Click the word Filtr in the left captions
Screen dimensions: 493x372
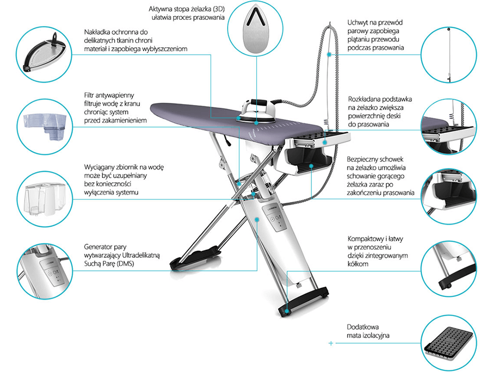[90, 95]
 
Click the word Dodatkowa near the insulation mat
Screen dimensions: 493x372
[363, 327]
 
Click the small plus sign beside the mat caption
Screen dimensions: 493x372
[331, 343]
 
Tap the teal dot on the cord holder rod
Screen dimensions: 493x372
[329, 54]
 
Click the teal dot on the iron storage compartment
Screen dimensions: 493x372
[311, 166]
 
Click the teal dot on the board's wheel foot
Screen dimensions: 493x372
[287, 312]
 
